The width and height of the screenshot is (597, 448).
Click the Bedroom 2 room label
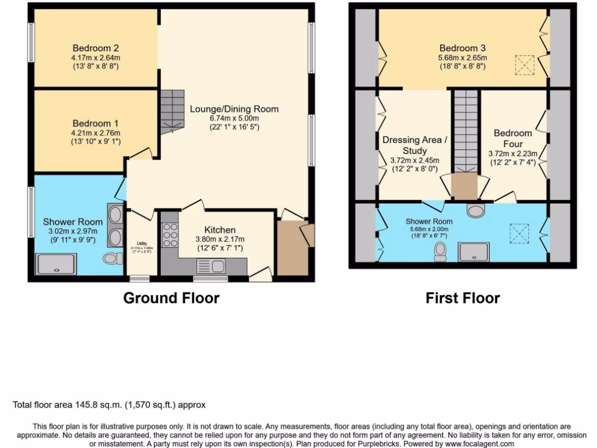[96, 48]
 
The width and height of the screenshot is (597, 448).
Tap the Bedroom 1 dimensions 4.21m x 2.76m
[96, 132]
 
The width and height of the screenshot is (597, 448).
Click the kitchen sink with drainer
[211, 267]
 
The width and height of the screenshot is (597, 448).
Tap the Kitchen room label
[220, 230]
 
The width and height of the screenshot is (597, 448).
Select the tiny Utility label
[142, 243]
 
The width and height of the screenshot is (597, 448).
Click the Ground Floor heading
[171, 298]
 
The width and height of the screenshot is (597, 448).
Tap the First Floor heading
[462, 298]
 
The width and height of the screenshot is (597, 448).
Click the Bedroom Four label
[513, 138]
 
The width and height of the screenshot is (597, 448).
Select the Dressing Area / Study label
[415, 145]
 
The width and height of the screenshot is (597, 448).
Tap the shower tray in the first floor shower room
[475, 252]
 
